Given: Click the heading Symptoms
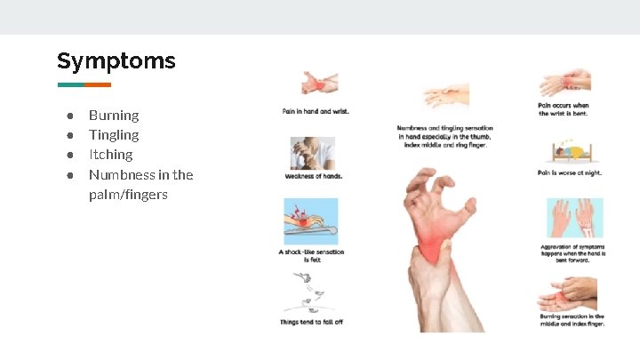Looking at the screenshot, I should click(x=116, y=60).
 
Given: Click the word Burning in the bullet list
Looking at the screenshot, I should click(x=114, y=116).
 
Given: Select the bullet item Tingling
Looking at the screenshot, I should click(x=114, y=135).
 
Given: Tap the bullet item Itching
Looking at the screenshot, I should click(x=111, y=155).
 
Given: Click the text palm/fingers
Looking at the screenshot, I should click(x=128, y=194).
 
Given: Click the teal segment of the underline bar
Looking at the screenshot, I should click(x=70, y=85).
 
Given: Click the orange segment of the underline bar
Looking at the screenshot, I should click(x=98, y=85).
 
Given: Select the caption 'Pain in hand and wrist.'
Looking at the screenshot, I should click(x=316, y=111).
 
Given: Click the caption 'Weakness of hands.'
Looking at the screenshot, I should click(x=313, y=176).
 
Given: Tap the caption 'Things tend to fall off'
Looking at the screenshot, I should click(x=311, y=322).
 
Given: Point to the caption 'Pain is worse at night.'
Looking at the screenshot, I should click(x=569, y=172).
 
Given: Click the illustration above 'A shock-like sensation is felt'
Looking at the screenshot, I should click(x=310, y=221).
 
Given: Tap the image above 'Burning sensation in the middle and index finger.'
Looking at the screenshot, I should click(x=569, y=292).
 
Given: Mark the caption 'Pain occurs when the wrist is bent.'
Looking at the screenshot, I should click(x=564, y=109).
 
